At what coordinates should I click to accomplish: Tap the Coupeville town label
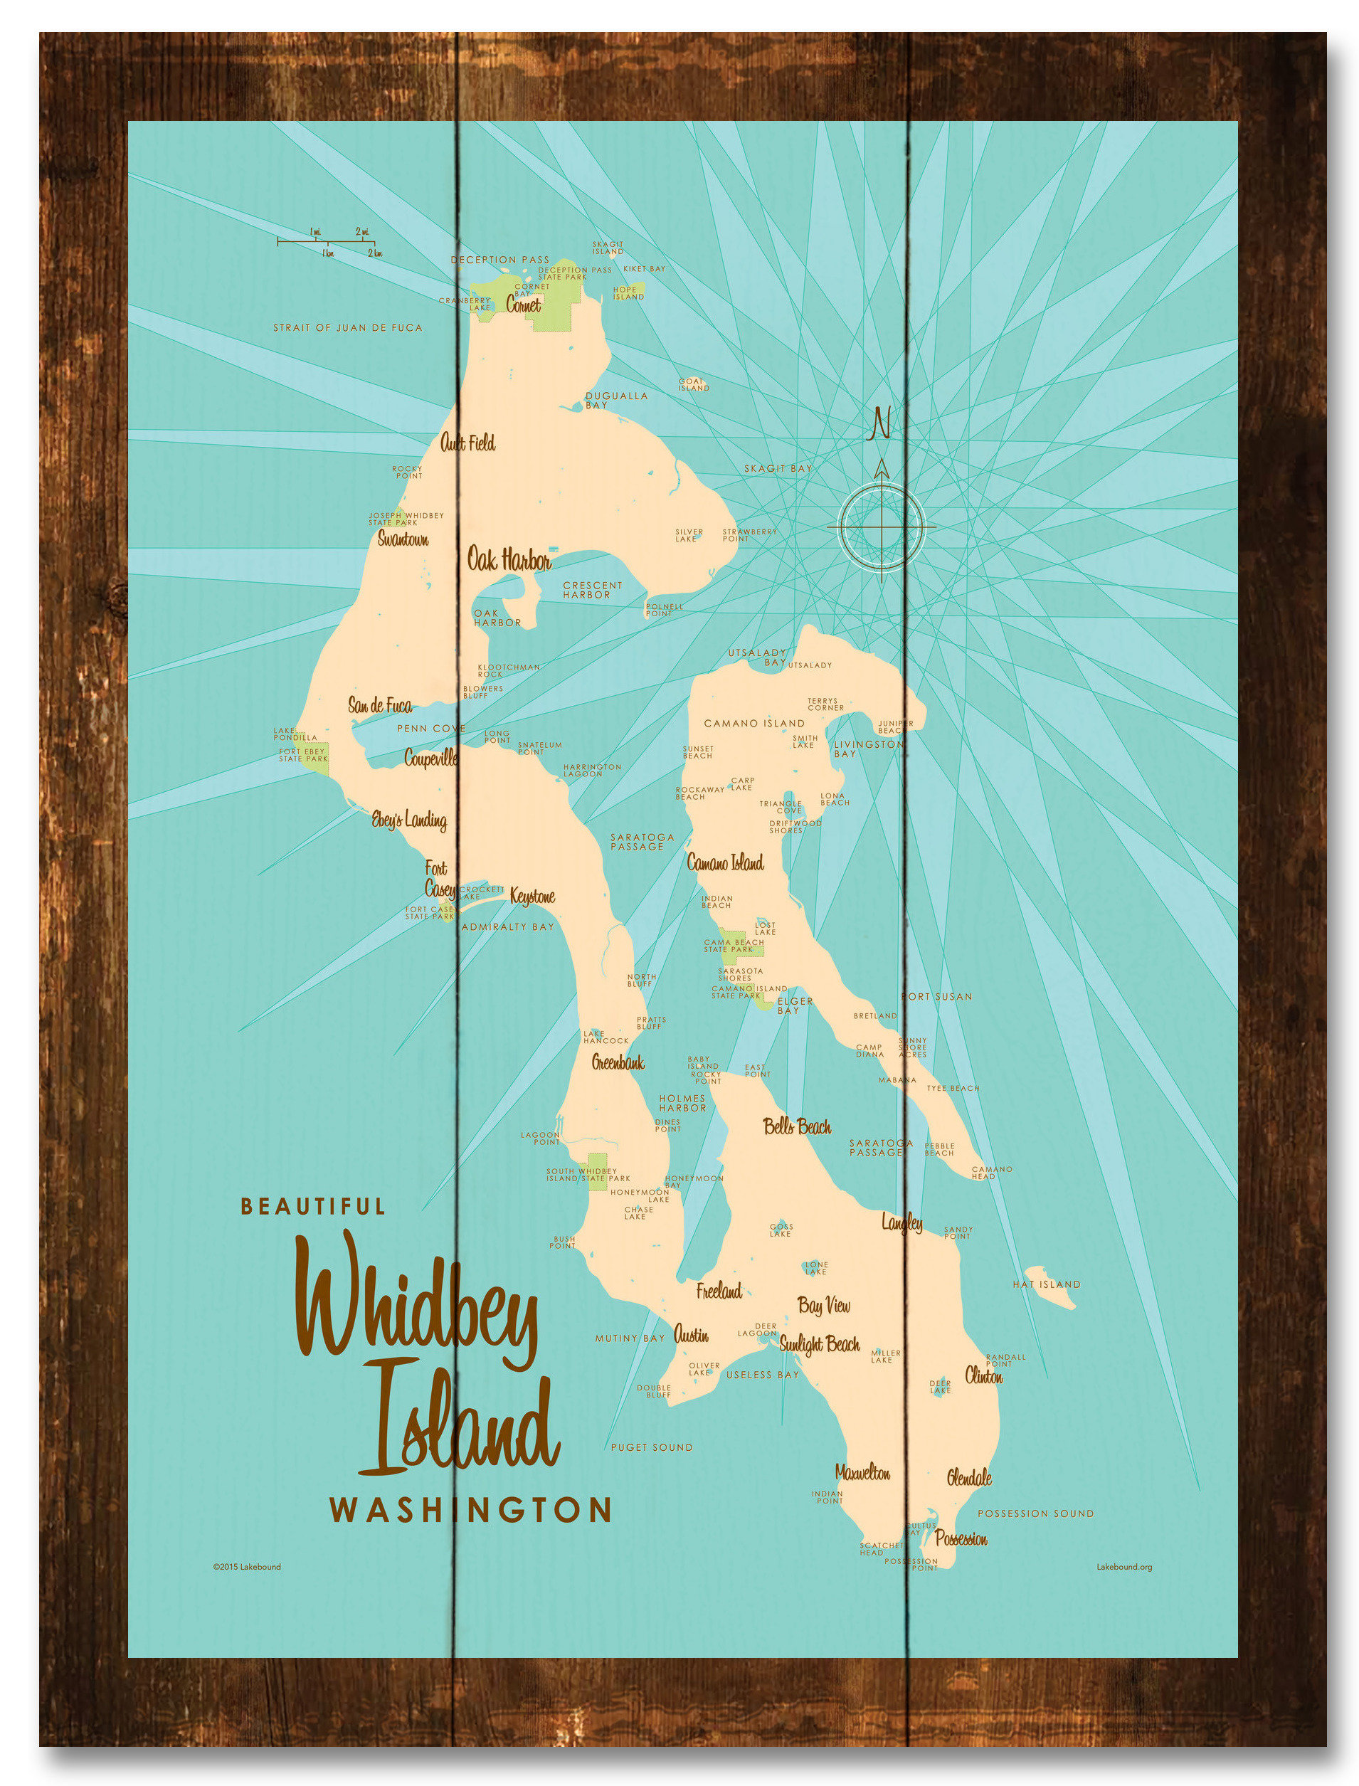click(431, 758)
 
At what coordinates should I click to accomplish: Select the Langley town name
click(902, 1224)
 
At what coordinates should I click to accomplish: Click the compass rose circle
click(882, 526)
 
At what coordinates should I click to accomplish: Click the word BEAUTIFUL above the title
click(313, 1207)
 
